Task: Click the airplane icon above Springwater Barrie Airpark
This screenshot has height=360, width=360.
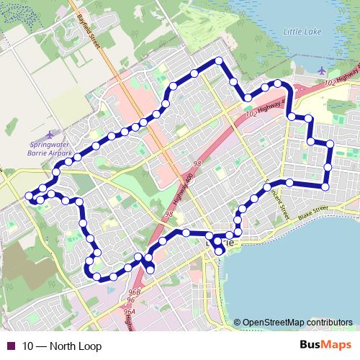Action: (x=48, y=134)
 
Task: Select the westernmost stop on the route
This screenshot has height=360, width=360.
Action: (x=30, y=196)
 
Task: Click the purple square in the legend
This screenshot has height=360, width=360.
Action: (x=9, y=347)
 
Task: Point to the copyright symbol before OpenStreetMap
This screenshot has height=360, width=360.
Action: (x=238, y=323)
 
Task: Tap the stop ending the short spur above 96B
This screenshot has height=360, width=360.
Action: (x=151, y=269)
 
